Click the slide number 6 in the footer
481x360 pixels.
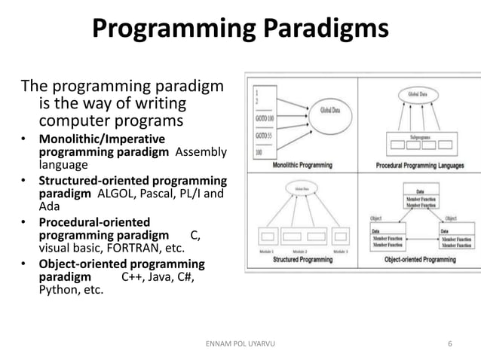click(450, 344)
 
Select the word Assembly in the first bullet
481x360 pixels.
click(201, 152)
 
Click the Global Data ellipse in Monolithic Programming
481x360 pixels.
click(329, 110)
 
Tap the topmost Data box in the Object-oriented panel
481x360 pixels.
click(419, 198)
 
